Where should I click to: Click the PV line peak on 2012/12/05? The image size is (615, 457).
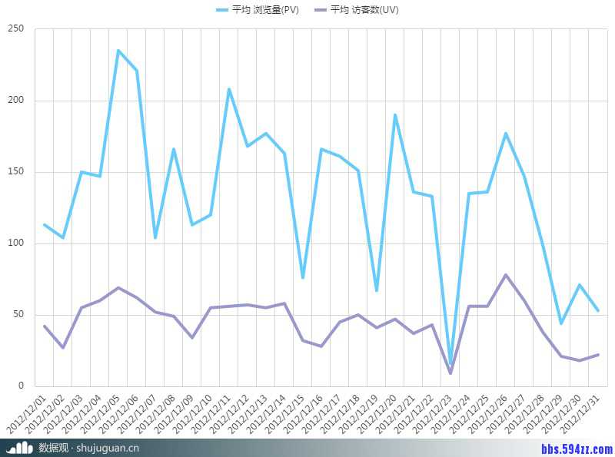coord(118,51)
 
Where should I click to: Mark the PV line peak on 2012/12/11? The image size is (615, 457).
coord(229,89)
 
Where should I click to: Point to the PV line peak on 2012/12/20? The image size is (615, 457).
coord(395,115)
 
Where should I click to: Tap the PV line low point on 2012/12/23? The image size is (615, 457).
coord(450,365)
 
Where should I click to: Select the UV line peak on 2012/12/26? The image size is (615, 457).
coord(506,275)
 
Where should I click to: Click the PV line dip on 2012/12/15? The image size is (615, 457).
coord(303,277)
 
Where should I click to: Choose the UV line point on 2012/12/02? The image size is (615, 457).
coord(63,348)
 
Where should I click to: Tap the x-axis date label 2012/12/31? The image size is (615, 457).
coord(581,415)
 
